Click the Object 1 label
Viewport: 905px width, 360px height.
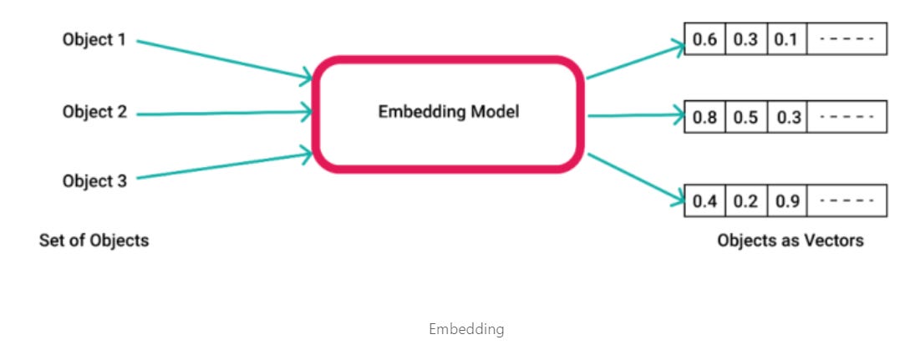tap(94, 39)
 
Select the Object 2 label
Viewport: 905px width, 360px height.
tap(94, 110)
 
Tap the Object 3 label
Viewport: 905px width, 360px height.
tap(94, 180)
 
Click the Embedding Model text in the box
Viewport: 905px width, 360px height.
tap(448, 111)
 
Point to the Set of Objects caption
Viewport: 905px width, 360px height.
tap(94, 241)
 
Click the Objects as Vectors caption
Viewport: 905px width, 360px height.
tap(790, 241)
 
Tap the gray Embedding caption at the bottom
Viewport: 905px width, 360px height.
tap(466, 328)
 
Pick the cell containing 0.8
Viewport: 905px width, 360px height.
tap(704, 118)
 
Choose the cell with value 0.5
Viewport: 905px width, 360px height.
tap(745, 118)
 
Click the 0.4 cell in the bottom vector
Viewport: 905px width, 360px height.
tap(704, 200)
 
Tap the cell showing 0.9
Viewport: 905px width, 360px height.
tap(786, 200)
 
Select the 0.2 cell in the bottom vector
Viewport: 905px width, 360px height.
tap(745, 200)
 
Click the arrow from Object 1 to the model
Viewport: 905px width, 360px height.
tap(221, 59)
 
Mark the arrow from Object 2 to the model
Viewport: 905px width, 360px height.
tap(221, 112)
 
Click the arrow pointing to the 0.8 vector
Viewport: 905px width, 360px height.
tap(635, 117)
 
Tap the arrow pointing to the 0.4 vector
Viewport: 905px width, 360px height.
tap(635, 177)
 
